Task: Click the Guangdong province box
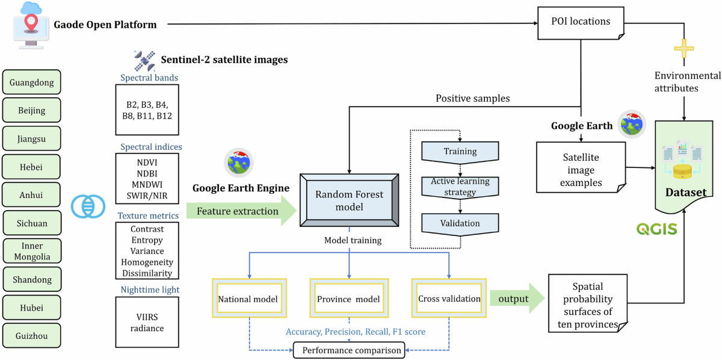[31, 82]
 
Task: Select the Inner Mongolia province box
[32, 251]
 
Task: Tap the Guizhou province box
[31, 336]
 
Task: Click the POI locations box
[581, 23]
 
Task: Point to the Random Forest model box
[349, 200]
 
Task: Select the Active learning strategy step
[460, 187]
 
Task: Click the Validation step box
[460, 224]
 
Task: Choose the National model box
[249, 299]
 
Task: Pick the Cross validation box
[449, 299]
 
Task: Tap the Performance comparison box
[349, 350]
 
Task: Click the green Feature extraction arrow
[241, 211]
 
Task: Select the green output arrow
[517, 299]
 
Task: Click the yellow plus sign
[683, 48]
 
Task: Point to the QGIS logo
[656, 229]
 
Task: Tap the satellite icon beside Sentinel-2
[145, 61]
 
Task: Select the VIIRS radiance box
[147, 322]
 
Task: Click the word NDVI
[147, 163]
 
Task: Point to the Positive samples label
[472, 98]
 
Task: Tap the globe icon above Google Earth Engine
[239, 163]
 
